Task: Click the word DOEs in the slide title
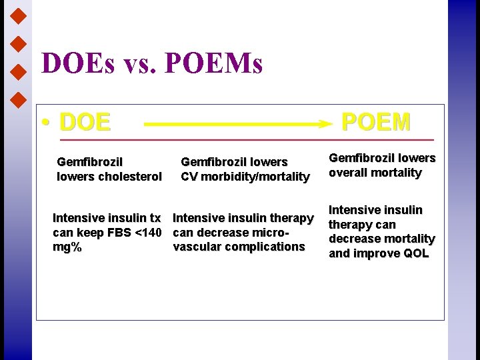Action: [76, 64]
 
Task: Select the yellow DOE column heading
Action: [85, 123]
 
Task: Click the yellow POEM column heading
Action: [375, 122]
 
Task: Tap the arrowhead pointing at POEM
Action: [325, 123]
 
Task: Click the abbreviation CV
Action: [189, 177]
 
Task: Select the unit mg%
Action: [67, 247]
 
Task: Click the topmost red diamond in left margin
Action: [19, 14]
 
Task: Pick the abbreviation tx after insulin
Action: [154, 218]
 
